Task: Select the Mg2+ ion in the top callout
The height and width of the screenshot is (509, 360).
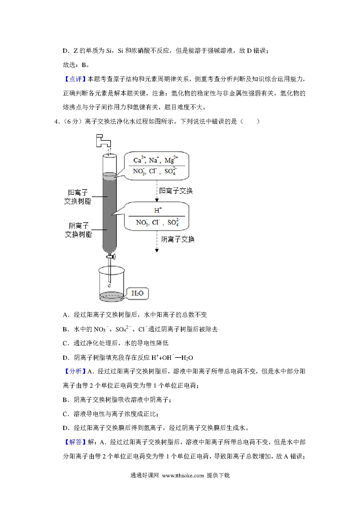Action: click(171, 160)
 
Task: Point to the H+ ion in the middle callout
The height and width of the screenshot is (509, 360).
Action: click(158, 210)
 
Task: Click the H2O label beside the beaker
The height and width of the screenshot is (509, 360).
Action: click(137, 293)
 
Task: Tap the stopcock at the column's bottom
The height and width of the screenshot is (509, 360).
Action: click(110, 257)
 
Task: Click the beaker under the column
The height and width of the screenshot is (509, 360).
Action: click(111, 283)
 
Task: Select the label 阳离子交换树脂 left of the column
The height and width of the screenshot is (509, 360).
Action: click(78, 197)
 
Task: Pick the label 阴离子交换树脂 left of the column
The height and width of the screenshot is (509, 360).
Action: click(78, 230)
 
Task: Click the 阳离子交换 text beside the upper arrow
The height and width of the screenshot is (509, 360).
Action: click(176, 191)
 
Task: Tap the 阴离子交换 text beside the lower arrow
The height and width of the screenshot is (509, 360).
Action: click(178, 239)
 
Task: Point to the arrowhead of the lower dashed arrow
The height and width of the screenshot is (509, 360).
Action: click(157, 250)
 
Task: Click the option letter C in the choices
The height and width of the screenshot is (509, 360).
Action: click(65, 344)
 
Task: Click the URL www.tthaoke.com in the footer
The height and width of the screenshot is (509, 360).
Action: click(183, 476)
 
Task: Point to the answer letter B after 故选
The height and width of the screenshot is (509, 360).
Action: click(84, 65)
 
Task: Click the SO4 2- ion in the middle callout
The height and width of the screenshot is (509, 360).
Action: click(174, 222)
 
